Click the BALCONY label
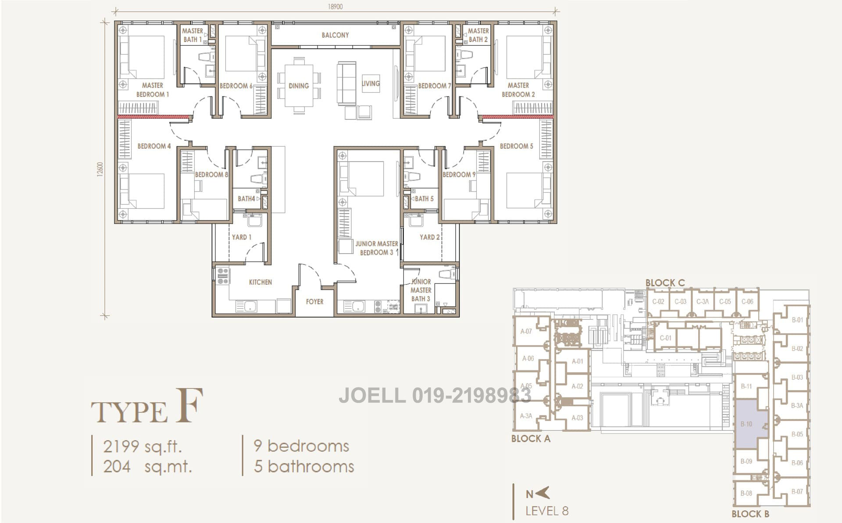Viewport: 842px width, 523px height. click(x=335, y=35)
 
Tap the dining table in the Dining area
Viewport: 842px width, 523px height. click(x=299, y=86)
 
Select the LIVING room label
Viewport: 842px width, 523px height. click(x=371, y=83)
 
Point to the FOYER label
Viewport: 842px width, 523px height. click(x=314, y=302)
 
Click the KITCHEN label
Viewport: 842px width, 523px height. click(x=260, y=282)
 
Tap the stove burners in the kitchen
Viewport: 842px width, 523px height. click(x=223, y=276)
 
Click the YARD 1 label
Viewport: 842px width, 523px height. click(x=241, y=237)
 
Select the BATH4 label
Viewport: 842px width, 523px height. click(x=246, y=199)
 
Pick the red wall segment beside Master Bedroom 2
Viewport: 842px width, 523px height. click(x=516, y=117)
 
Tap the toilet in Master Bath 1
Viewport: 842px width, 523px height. click(x=206, y=57)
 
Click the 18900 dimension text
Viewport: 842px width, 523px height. click(x=335, y=7)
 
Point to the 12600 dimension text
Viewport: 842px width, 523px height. click(x=100, y=169)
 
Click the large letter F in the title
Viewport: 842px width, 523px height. click(x=189, y=406)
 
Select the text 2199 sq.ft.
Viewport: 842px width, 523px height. click(x=142, y=447)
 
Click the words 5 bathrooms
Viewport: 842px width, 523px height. click(x=303, y=466)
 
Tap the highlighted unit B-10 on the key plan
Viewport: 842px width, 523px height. click(x=751, y=424)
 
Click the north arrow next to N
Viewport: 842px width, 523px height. click(x=543, y=493)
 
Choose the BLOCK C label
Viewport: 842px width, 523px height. click(x=665, y=283)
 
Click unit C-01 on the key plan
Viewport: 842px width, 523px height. click(x=665, y=338)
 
